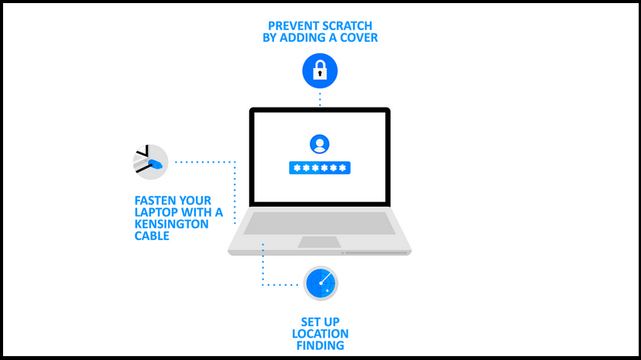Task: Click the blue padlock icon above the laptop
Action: pos(320,70)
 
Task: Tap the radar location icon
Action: pos(320,283)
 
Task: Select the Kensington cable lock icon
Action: pos(150,162)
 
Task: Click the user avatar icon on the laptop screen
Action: pos(319,144)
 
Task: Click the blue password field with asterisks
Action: pos(320,167)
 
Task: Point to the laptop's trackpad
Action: pos(319,242)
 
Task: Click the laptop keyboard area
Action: pos(319,223)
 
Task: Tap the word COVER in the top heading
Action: pos(359,38)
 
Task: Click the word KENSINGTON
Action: pos(171,224)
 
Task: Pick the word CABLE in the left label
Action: pos(152,236)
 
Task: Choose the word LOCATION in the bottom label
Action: pos(320,334)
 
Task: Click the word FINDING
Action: pos(320,345)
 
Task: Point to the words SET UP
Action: pos(320,322)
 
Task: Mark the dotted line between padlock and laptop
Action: pos(320,99)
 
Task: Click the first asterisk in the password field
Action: pos(297,167)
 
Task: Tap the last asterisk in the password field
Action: pos(343,167)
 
